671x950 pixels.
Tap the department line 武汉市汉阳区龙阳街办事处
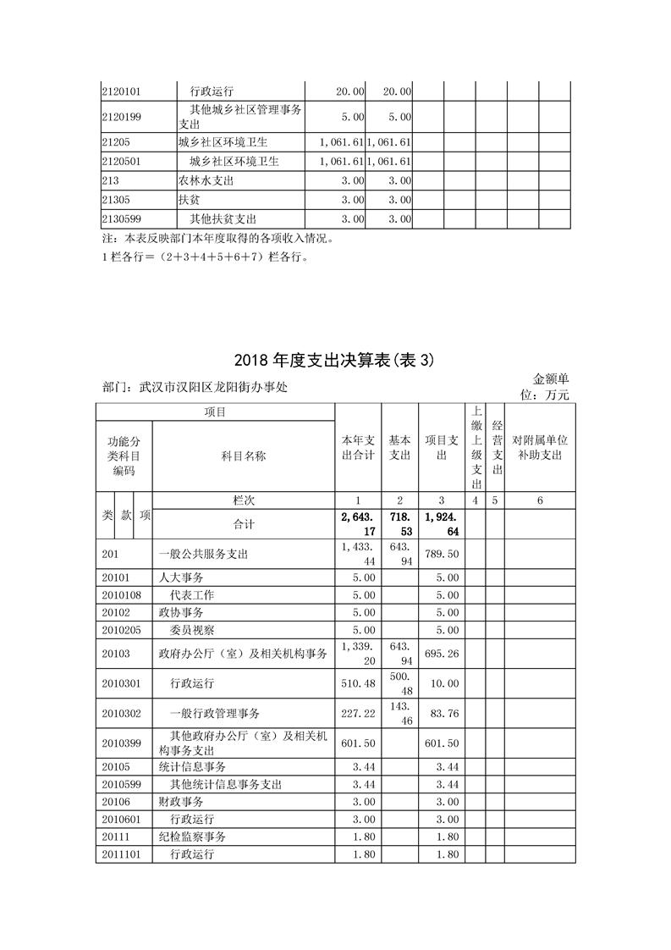(x=200, y=388)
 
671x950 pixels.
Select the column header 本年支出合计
(x=358, y=448)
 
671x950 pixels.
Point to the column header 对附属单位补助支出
(x=540, y=448)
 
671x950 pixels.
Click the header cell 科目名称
(x=244, y=456)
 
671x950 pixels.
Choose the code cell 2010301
(x=121, y=682)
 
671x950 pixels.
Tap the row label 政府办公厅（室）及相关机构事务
(x=243, y=653)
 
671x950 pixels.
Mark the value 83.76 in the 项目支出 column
(x=444, y=714)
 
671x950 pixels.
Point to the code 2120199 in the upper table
(x=120, y=116)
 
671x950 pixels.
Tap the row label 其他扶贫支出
(x=223, y=219)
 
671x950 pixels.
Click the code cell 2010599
(x=121, y=784)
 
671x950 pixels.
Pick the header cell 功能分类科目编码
(x=124, y=456)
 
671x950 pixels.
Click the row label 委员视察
(x=192, y=629)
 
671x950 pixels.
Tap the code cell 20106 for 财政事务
(x=115, y=802)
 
